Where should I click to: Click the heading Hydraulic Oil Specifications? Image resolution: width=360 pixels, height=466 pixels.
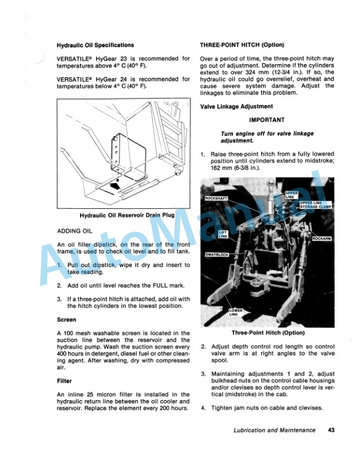click(95, 45)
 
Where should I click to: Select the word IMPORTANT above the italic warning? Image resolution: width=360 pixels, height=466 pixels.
click(267, 119)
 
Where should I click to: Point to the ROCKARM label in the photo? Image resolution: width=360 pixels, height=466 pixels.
click(322, 239)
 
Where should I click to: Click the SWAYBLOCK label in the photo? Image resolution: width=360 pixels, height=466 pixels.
click(219, 255)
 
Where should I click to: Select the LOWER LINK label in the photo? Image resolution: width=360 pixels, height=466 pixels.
click(235, 311)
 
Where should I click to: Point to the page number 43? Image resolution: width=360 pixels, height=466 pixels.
click(331, 430)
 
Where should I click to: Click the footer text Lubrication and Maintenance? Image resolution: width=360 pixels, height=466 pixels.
click(273, 430)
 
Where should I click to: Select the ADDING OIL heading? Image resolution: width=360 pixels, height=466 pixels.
click(75, 231)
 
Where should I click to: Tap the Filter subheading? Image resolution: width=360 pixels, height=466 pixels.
click(64, 381)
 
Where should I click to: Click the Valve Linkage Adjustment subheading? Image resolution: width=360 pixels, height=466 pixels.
click(236, 106)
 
